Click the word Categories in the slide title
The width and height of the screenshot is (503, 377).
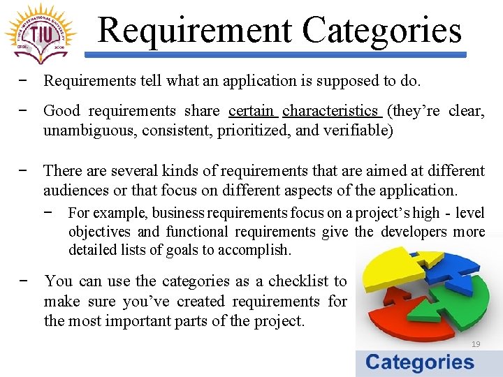(x=382, y=31)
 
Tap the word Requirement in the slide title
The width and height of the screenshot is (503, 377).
(x=194, y=31)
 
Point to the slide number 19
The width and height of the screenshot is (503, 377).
(x=476, y=344)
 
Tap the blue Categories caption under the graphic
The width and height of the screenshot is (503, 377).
(x=419, y=362)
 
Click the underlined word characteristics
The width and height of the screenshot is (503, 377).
(x=330, y=111)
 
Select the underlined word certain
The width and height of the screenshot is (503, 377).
(x=251, y=111)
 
